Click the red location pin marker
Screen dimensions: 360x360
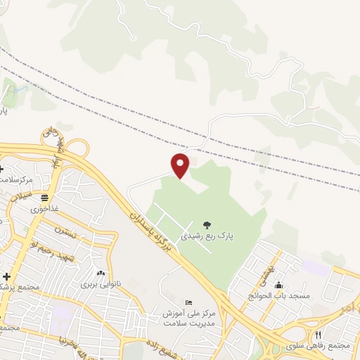pos(181,164)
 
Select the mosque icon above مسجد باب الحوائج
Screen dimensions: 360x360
pos(279,285)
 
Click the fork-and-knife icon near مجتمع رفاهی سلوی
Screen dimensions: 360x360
pos(318,335)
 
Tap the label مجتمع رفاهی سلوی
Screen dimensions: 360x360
pos(324,346)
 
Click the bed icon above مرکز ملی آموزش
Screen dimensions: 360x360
pos(187,301)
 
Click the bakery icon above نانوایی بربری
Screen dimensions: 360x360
pos(100,274)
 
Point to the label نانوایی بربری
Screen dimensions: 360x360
pos(100,284)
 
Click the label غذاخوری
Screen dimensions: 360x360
pos(45,209)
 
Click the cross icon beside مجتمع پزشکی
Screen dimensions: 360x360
pos(7,277)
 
